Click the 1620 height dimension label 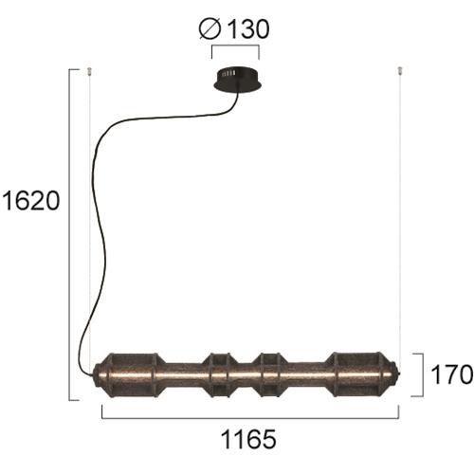point(30,201)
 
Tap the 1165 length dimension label point(248,440)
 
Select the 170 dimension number point(452,374)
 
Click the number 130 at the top point(248,29)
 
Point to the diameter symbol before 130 point(210,29)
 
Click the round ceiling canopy point(237,80)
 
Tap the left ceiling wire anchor point(89,71)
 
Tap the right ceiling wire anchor point(400,71)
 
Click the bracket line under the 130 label point(235,46)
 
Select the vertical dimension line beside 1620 point(69,234)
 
